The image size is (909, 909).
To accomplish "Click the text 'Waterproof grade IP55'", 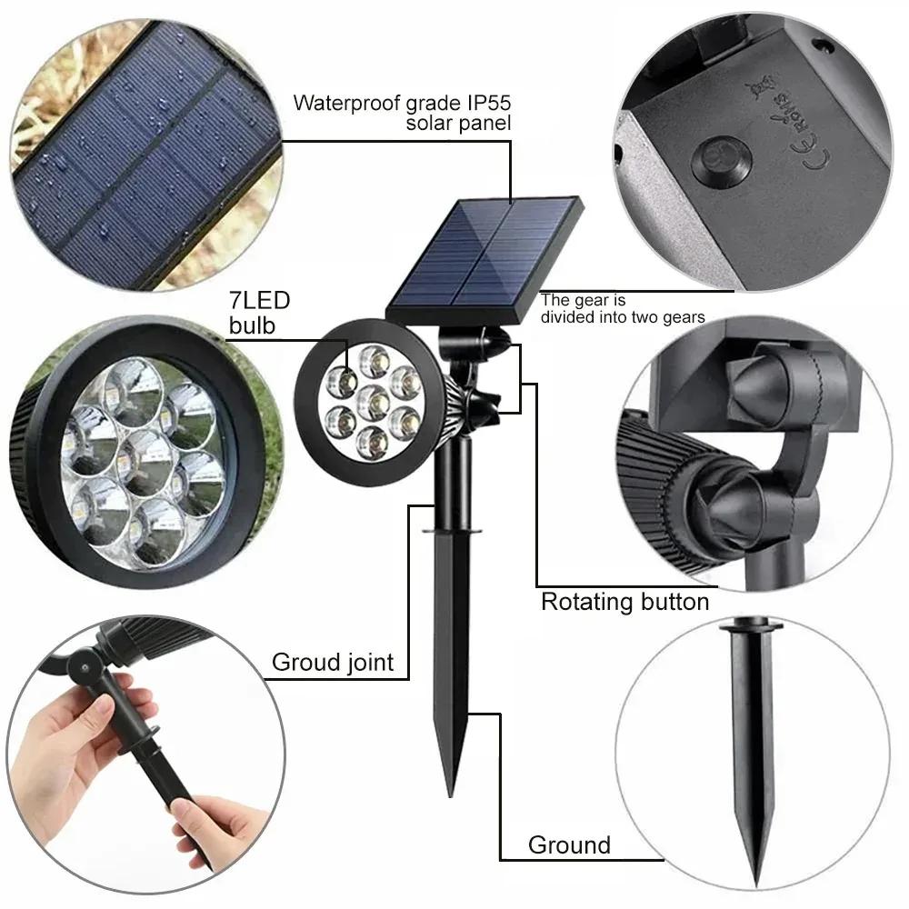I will pyautogui.click(x=401, y=102).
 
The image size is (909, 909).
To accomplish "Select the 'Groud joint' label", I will pyautogui.click(x=333, y=662).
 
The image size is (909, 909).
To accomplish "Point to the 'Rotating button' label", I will pyautogui.click(x=624, y=602).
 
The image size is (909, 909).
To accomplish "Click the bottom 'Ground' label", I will pyautogui.click(x=569, y=845).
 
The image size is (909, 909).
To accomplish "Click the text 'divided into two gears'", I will pyautogui.click(x=623, y=317).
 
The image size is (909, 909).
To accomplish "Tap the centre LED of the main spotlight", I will pyautogui.click(x=369, y=398).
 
